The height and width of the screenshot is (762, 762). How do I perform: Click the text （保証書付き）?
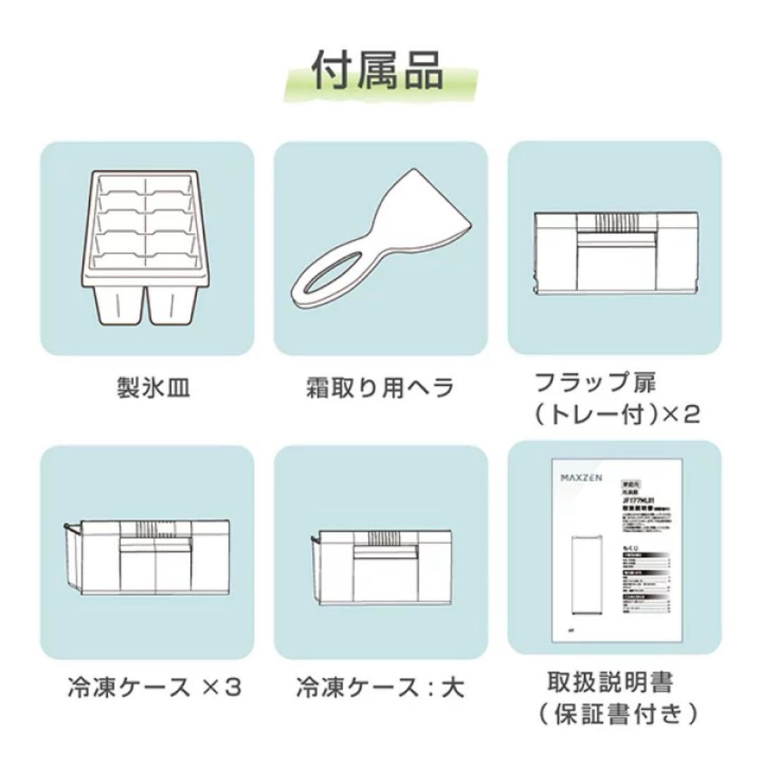tap(614, 713)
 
